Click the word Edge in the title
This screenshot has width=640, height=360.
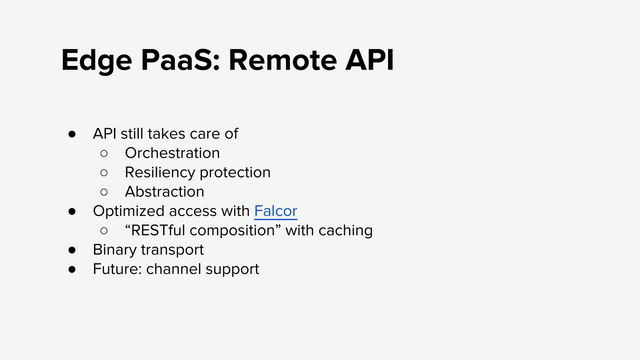pos(96,61)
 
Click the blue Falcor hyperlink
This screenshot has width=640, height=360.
pos(275,211)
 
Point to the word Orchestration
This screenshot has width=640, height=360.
pos(172,153)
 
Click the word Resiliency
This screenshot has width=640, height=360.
pos(160,172)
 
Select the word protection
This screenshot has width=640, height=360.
pos(235,172)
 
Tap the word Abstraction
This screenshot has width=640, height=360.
pos(164,192)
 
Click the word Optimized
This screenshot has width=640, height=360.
pos(128,211)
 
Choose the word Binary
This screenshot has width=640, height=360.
pos(115,250)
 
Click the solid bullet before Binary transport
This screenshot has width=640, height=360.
pos(72,250)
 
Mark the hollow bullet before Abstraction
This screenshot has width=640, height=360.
pos(104,192)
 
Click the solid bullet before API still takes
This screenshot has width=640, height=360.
pos(72,134)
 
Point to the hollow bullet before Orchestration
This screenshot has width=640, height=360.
pos(104,153)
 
